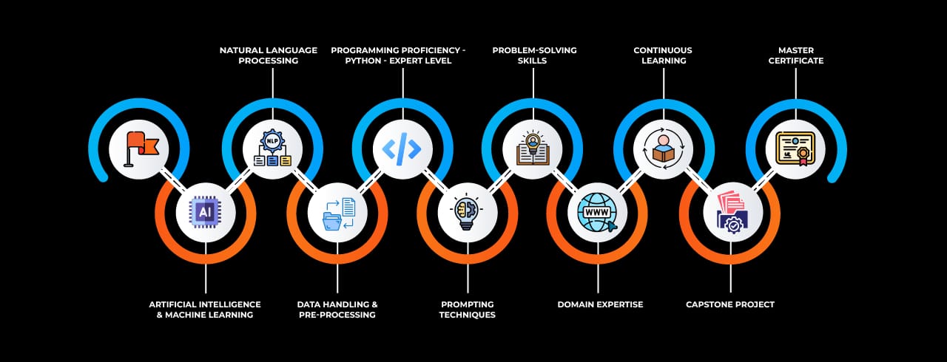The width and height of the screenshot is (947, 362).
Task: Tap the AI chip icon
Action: point(205,213)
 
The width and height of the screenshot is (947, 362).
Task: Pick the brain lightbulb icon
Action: point(467,213)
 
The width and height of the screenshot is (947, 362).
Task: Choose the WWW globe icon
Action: point(597,213)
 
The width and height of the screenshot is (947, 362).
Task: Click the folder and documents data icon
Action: point(337,213)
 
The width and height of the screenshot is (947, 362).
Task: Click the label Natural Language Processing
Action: point(268,55)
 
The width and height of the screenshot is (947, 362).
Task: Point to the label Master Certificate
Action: point(795,55)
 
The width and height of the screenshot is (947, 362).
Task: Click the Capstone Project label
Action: point(729,304)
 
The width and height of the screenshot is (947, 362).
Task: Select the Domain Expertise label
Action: point(600,304)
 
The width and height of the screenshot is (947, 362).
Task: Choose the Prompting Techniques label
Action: point(467,310)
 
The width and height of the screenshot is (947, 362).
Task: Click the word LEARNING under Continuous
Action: point(663,61)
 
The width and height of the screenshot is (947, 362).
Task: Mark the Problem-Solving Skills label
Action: point(534,55)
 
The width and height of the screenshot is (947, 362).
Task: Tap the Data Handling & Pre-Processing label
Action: point(337,310)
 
